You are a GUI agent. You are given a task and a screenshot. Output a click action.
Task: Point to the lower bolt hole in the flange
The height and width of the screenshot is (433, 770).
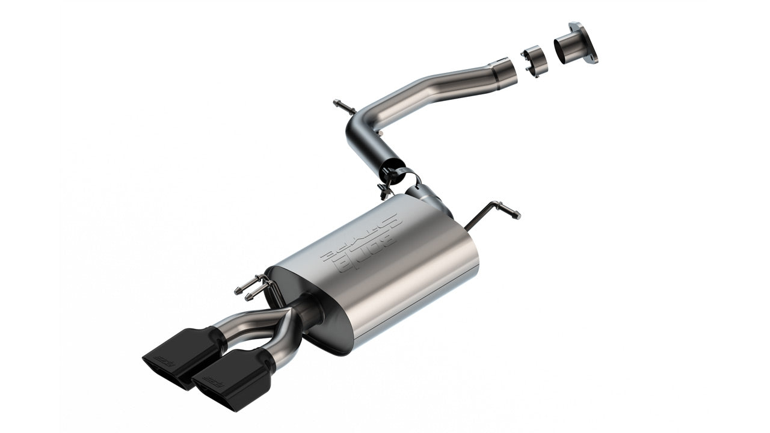596,58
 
